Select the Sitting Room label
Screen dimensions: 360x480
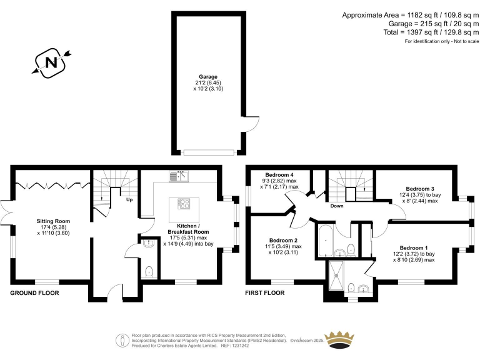(x=54, y=221)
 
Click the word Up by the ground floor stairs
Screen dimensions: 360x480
(x=129, y=200)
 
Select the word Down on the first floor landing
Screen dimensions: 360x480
(x=337, y=206)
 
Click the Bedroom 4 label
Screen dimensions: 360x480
(x=279, y=174)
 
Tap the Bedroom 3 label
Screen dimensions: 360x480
(x=419, y=188)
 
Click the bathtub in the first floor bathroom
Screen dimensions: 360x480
(x=325, y=243)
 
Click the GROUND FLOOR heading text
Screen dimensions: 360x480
(x=34, y=292)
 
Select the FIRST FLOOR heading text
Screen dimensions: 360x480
(x=265, y=292)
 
